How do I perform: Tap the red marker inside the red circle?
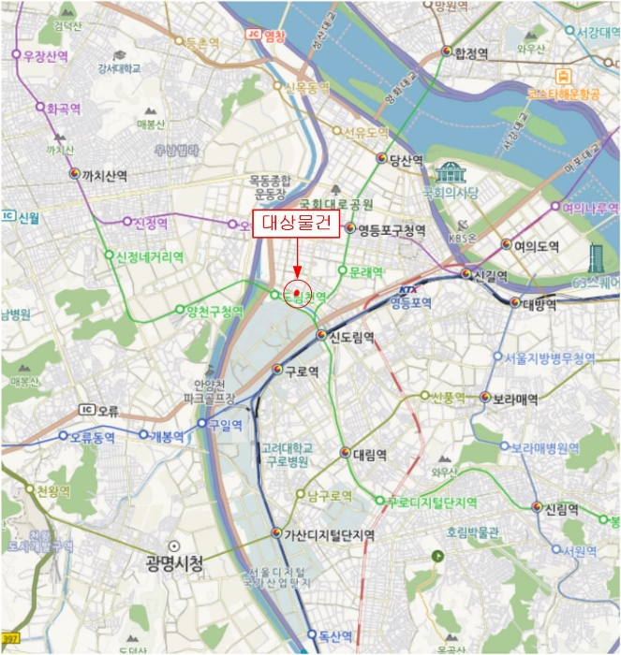(x=297, y=294)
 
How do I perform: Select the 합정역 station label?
(x=471, y=53)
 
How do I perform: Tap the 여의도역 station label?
(x=536, y=247)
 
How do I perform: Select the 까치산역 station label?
(x=104, y=174)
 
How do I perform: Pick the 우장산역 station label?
(x=46, y=55)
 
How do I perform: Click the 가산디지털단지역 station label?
(x=329, y=534)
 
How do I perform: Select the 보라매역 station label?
(x=514, y=399)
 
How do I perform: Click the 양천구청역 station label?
(x=214, y=312)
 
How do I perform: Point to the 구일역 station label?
(x=225, y=425)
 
